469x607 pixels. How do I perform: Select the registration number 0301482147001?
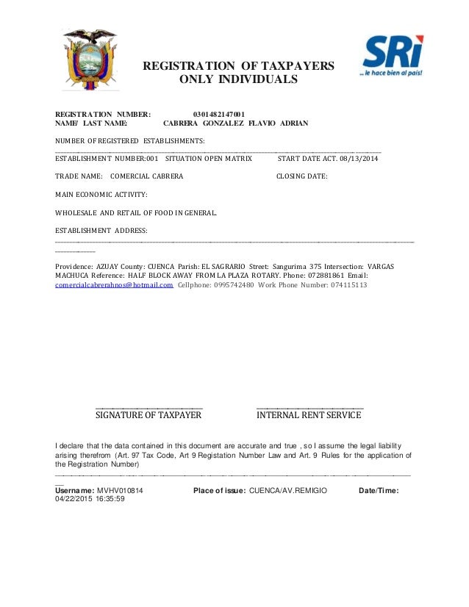[x=219, y=114]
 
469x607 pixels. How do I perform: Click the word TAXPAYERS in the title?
[x=293, y=66]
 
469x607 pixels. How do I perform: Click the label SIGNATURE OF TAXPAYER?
[x=149, y=415]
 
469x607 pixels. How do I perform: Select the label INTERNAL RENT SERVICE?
[x=309, y=415]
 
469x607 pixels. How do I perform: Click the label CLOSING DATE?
[x=301, y=176]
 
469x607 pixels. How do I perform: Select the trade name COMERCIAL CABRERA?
[x=147, y=176]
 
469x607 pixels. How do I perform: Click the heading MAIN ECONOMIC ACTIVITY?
[x=101, y=195]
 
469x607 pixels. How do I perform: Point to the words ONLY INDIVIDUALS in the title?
[x=238, y=79]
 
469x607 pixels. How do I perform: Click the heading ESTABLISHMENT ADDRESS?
[x=101, y=231]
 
